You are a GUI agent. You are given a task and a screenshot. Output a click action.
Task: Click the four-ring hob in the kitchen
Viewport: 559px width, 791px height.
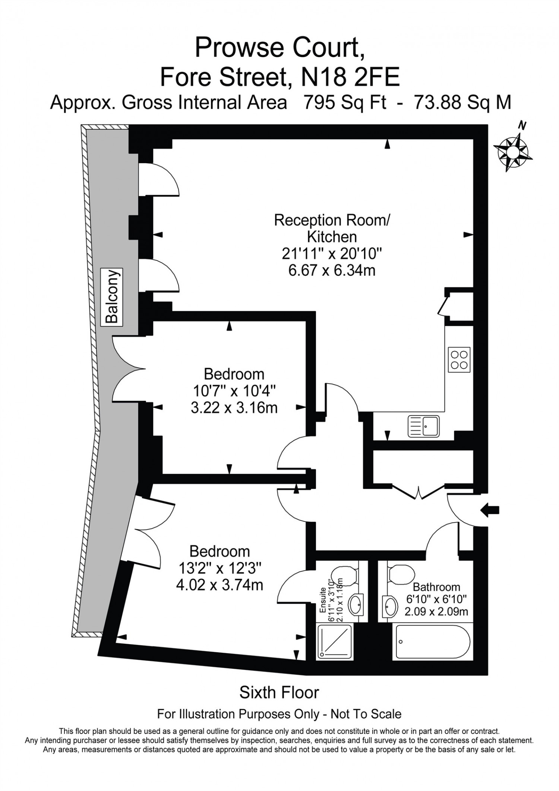(x=459, y=360)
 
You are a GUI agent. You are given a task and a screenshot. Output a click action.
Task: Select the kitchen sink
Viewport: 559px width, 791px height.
(x=424, y=426)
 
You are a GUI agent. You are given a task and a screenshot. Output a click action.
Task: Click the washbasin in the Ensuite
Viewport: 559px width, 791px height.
(x=356, y=605)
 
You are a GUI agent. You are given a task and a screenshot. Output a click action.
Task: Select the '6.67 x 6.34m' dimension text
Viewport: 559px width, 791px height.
(x=332, y=271)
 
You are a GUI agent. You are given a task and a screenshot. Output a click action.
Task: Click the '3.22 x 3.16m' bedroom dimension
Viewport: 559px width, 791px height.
(x=234, y=408)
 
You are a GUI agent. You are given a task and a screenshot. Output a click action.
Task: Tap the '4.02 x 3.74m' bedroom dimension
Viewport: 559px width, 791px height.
(x=220, y=585)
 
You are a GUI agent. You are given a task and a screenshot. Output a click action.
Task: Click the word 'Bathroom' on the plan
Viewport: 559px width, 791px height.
(x=436, y=587)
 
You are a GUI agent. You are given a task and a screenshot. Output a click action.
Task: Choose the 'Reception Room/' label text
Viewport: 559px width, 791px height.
(x=332, y=220)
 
